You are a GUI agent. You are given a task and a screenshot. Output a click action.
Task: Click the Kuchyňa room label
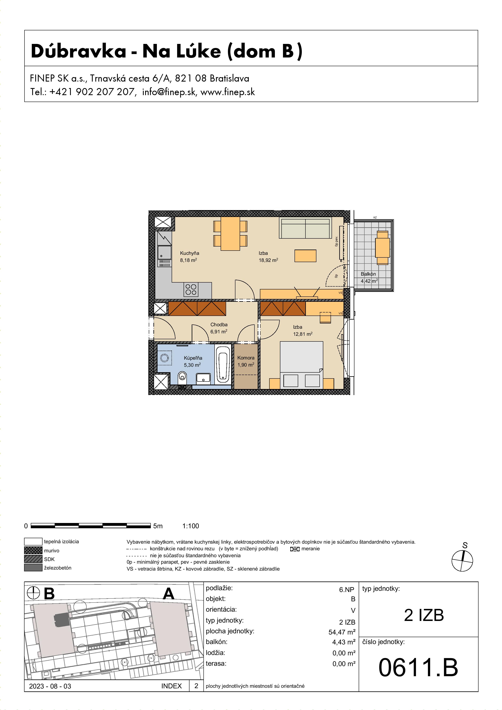click(x=190, y=253)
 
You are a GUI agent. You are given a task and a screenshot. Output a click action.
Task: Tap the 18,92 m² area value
click(x=268, y=260)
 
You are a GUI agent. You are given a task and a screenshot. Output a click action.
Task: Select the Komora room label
click(x=246, y=358)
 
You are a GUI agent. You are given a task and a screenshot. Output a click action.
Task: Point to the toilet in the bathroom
click(x=183, y=377)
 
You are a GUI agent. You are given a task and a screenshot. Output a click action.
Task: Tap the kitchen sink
click(x=165, y=253)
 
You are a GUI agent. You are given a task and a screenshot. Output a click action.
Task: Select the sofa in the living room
click(x=305, y=228)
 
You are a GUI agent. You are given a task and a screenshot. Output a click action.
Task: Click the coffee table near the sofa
click(x=305, y=256)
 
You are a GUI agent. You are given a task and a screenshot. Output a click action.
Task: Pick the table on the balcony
click(x=382, y=247)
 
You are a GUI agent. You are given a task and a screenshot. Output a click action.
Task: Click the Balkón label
click(x=368, y=274)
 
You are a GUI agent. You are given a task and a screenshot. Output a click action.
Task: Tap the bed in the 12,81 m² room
click(x=302, y=365)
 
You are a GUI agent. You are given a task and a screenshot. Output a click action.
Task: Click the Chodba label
click(x=219, y=324)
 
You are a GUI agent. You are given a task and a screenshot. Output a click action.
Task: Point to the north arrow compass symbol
click(x=462, y=560)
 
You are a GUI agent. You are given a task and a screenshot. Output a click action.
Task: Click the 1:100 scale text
click(x=191, y=526)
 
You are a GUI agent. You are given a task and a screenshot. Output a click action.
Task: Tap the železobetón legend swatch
click(x=33, y=568)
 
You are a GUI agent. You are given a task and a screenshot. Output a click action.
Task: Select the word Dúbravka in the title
click(x=79, y=51)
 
